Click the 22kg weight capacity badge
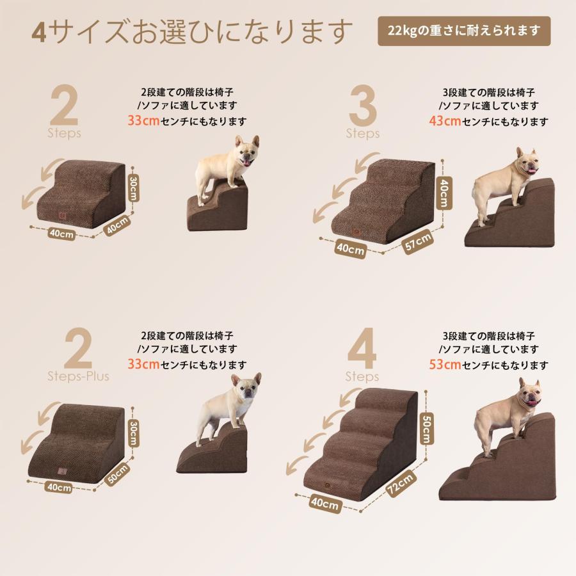click(x=463, y=31)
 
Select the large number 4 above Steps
click(x=362, y=349)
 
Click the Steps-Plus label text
click(x=78, y=376)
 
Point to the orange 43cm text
click(x=445, y=121)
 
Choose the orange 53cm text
click(x=445, y=365)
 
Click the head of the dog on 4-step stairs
click(x=529, y=392)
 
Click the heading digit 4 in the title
click(x=39, y=31)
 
